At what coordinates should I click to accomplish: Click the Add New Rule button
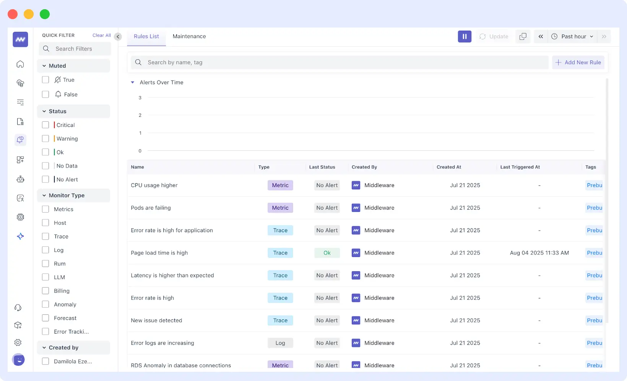(x=578, y=62)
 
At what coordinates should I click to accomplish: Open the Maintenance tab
(x=189, y=36)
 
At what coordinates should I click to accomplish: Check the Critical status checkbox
(x=45, y=125)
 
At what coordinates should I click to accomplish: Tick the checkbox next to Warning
(x=45, y=138)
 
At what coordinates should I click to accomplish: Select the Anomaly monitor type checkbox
(x=45, y=304)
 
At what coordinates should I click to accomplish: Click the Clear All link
(x=102, y=35)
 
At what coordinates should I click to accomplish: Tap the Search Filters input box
(x=75, y=49)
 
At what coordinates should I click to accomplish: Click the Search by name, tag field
(x=339, y=62)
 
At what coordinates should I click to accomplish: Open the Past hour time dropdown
(x=572, y=36)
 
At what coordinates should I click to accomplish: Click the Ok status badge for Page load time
(x=327, y=253)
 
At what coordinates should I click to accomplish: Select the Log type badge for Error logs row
(x=280, y=343)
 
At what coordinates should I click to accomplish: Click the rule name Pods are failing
(x=151, y=208)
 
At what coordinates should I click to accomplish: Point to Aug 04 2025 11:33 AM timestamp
(x=539, y=253)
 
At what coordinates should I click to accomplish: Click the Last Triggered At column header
(x=520, y=167)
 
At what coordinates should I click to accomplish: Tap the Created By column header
(x=364, y=167)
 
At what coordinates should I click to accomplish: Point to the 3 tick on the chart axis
(x=140, y=98)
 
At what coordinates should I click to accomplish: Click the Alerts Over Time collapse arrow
(x=133, y=82)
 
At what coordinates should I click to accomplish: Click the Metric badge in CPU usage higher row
(x=280, y=185)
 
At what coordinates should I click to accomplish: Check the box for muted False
(x=45, y=94)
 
